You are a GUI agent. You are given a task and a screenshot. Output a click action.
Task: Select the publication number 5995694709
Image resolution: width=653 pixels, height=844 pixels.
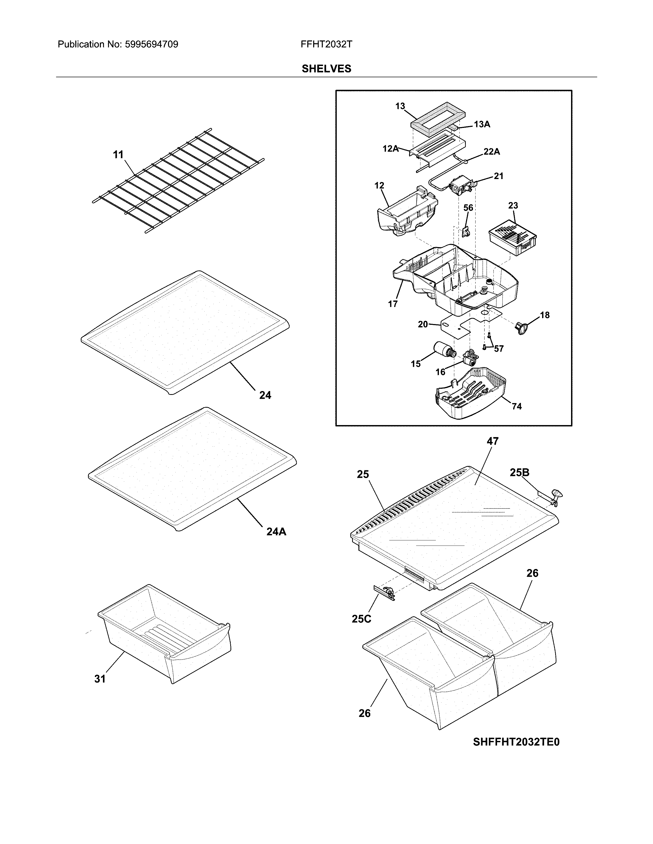point(151,45)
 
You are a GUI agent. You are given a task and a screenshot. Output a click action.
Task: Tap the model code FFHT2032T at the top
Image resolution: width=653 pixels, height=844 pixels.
point(326,45)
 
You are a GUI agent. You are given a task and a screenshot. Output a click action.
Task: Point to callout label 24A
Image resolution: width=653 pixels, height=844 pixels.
point(276,532)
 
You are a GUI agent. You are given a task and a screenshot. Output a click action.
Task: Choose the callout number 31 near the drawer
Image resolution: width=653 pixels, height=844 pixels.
point(100,679)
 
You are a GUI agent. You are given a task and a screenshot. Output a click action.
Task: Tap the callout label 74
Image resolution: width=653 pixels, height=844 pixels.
point(517,406)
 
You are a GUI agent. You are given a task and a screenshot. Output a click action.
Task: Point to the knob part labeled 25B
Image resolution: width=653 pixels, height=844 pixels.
point(556,495)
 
